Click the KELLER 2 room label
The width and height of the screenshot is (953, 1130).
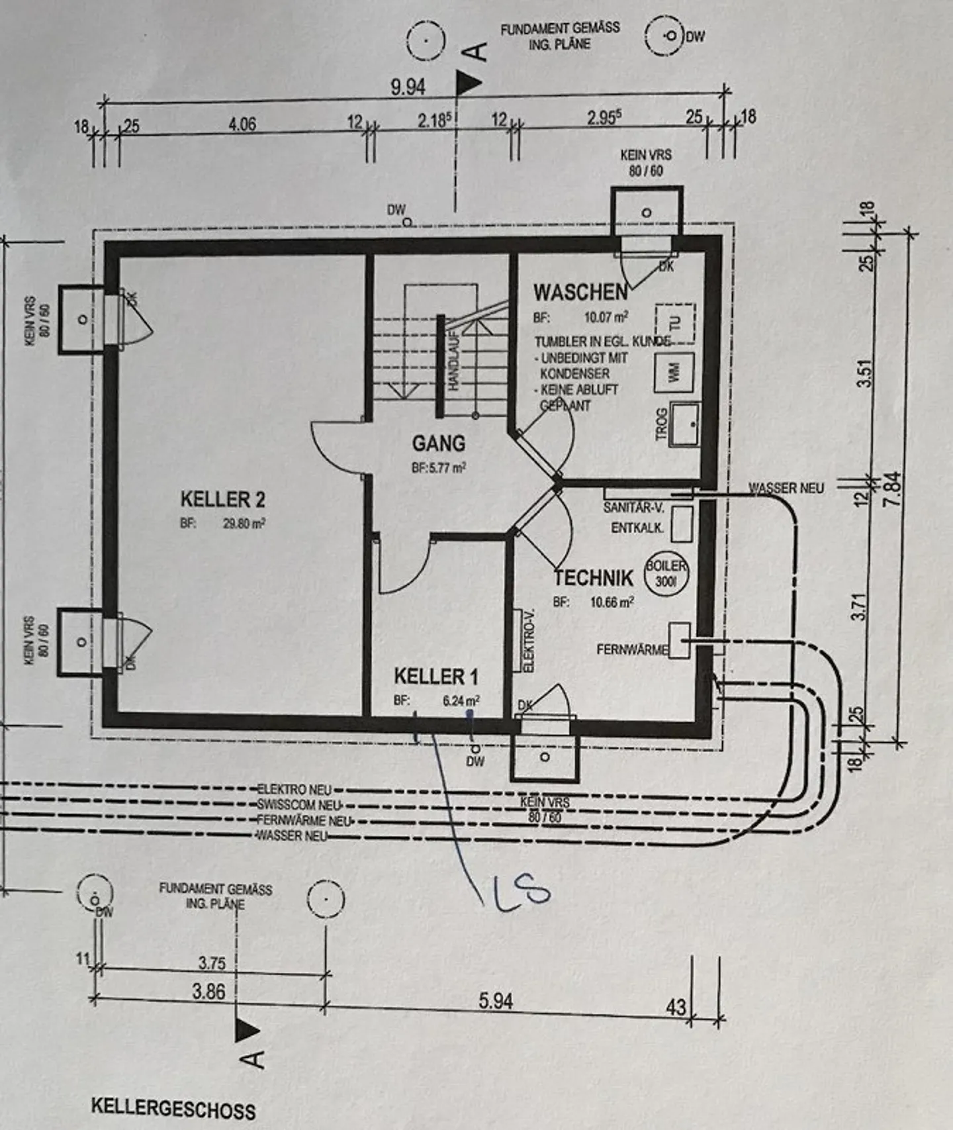223,499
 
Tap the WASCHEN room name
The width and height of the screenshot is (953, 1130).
580,292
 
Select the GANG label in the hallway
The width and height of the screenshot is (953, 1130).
438,443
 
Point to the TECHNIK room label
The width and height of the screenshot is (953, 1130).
593,578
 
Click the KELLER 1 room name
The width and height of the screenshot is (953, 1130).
435,677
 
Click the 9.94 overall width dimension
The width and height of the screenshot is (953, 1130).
407,87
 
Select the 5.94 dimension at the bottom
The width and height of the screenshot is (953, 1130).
496,1001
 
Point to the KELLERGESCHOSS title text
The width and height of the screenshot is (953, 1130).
173,1107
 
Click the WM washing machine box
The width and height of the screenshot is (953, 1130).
674,373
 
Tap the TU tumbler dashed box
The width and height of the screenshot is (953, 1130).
676,324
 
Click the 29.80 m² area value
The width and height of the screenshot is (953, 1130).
244,523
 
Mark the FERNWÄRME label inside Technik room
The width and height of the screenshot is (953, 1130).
632,649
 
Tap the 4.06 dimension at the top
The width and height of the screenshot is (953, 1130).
242,124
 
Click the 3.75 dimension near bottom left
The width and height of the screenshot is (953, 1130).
212,963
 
